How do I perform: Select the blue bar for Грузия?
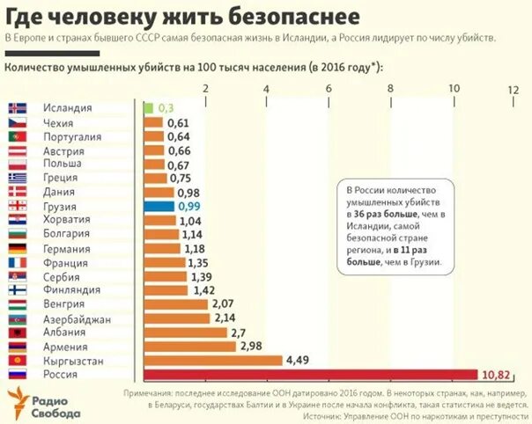[157, 206]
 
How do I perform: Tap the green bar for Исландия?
[146, 107]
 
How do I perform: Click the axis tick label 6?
[329, 89]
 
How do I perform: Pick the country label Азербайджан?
[77, 318]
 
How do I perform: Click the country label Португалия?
[72, 137]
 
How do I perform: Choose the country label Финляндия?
[72, 290]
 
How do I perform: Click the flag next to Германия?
[17, 249]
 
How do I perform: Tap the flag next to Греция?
[17, 179]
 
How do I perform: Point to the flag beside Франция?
[17, 263]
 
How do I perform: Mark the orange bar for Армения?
[188, 347]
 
